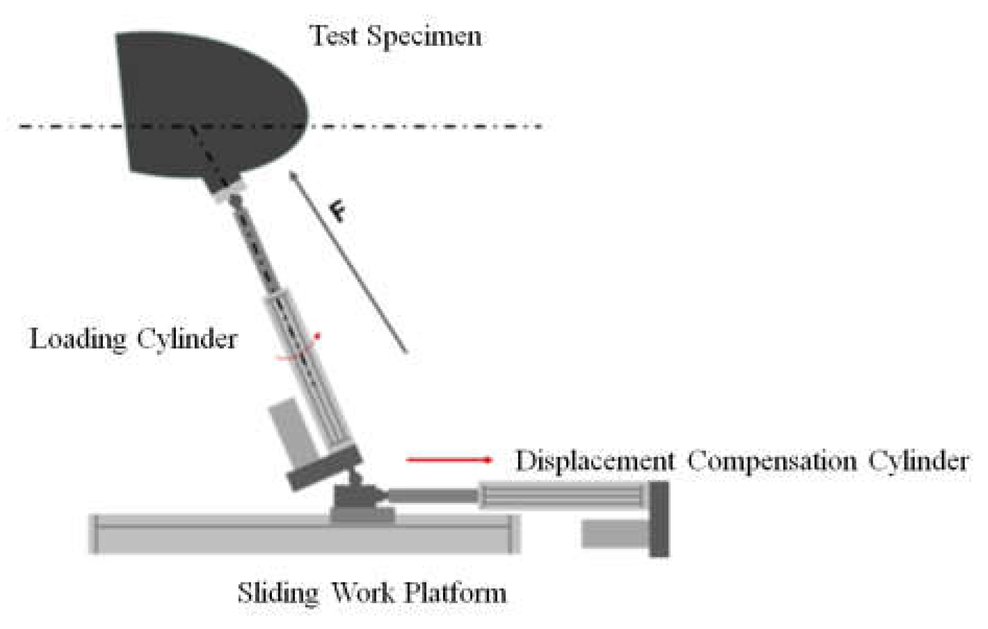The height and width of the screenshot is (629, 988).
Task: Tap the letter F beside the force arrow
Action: [338, 212]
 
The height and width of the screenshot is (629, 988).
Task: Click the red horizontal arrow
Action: [449, 459]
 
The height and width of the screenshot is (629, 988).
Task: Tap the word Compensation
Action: [772, 462]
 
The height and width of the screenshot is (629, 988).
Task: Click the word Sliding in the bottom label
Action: [277, 593]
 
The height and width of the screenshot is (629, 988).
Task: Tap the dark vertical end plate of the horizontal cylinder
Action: [659, 518]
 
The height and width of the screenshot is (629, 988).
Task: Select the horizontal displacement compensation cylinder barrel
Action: [561, 495]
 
